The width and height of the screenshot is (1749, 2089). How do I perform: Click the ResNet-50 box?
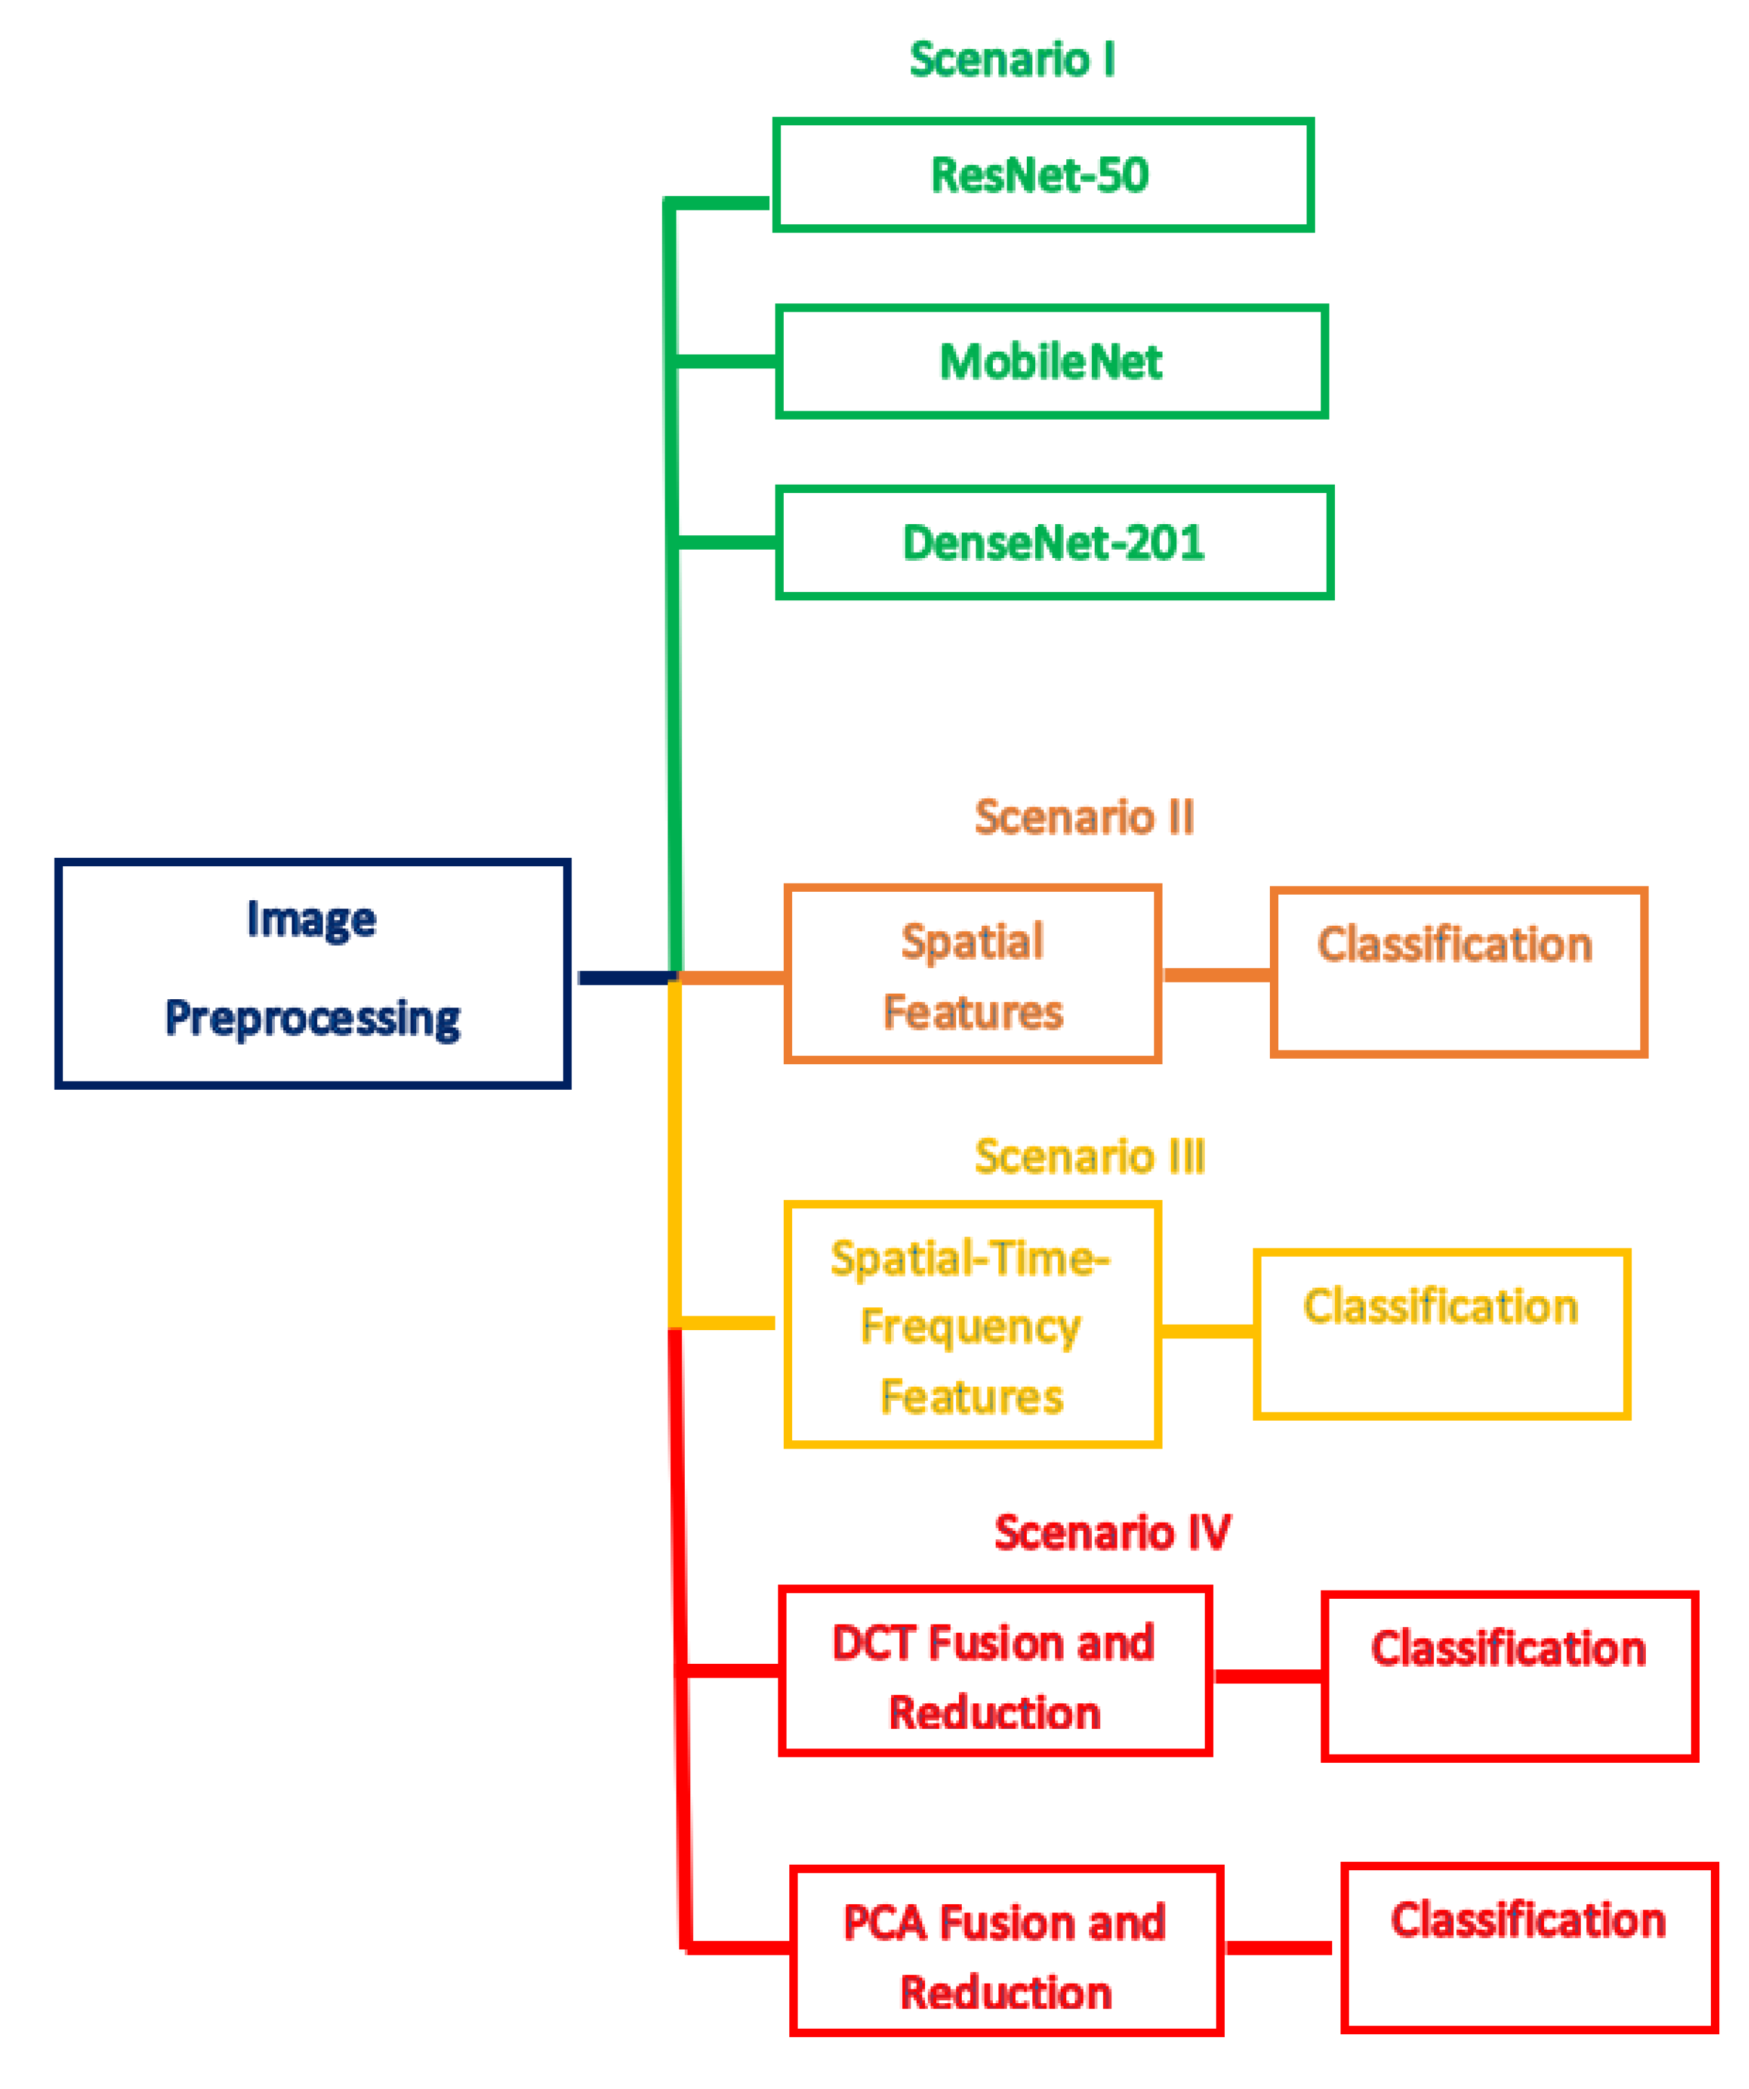coord(1043,175)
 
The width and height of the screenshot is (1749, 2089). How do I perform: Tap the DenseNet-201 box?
coord(1054,543)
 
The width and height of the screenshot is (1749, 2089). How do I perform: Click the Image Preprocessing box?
coord(312,973)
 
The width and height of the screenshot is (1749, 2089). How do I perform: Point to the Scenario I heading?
coord(1012,60)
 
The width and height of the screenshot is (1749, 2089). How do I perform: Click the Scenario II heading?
coord(1084,817)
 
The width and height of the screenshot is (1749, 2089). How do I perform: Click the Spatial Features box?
coord(972,975)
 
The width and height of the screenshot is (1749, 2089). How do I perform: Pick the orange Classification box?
coord(1457,972)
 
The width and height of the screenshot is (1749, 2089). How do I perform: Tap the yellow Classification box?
coord(1441,1334)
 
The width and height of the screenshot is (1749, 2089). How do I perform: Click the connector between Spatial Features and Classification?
coord(1216,975)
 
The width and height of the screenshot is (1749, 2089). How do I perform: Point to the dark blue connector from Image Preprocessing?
coord(625,978)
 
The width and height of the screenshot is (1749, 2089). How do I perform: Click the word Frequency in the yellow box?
coord(970,1327)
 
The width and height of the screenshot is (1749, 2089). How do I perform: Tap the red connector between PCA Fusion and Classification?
coord(1277,1948)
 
